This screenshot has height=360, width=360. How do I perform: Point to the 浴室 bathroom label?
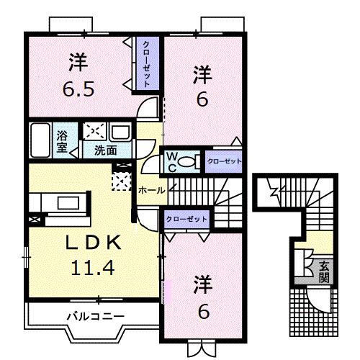click(63, 140)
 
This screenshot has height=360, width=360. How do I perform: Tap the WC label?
click(174, 160)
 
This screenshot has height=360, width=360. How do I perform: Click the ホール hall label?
click(150, 191)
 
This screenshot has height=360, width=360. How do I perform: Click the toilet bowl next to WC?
click(190, 161)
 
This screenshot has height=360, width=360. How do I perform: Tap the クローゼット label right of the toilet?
click(224, 161)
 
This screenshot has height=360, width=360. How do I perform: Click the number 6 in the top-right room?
click(203, 99)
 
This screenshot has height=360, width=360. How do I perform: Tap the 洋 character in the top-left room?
click(78, 63)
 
